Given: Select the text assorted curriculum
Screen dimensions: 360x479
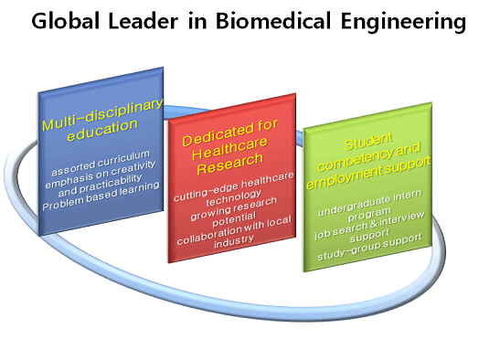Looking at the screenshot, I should [x=102, y=168].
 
